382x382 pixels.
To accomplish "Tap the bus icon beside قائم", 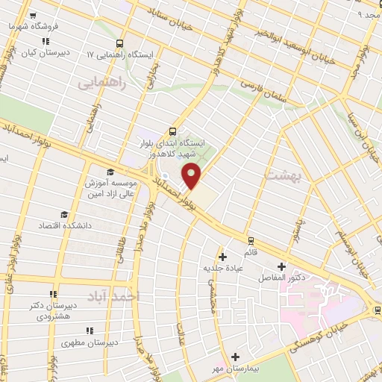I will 249,240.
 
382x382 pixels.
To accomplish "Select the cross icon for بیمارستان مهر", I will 236,357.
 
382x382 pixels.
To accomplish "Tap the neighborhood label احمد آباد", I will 113,297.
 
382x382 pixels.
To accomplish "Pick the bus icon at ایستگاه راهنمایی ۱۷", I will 121,43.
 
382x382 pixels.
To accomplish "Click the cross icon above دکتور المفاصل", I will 281,266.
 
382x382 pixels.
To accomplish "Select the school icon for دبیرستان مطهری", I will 90,331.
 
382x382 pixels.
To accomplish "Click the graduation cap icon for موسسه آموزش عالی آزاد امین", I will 110,171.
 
